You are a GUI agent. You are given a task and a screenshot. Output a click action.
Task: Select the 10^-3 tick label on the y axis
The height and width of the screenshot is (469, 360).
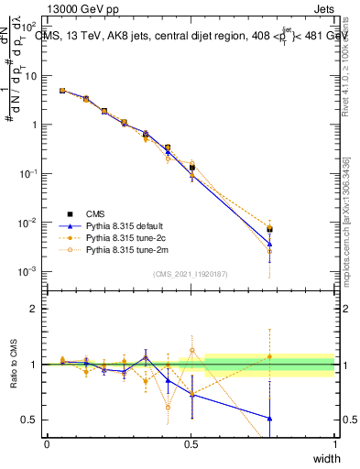(30, 272)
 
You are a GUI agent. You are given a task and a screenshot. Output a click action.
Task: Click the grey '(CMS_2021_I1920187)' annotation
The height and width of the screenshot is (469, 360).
(191, 273)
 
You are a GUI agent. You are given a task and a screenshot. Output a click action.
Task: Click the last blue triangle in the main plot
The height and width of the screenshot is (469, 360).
(270, 245)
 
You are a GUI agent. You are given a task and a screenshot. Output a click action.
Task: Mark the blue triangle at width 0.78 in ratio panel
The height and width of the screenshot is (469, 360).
(270, 418)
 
